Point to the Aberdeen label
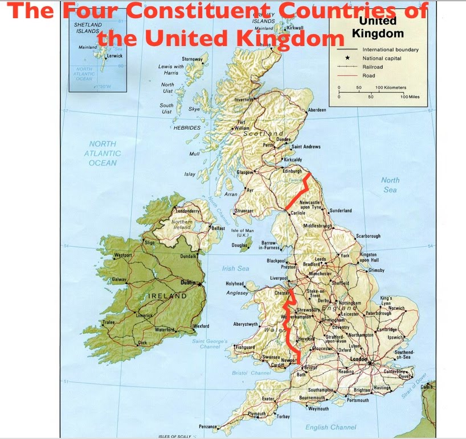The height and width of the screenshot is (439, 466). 317,110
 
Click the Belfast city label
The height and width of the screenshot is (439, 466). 218,228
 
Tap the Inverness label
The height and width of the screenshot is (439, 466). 244,100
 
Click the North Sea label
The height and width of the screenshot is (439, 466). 390,185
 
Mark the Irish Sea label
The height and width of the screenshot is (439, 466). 236,268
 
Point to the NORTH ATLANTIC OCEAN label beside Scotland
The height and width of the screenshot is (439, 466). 103,154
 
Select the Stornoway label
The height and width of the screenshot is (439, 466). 193,59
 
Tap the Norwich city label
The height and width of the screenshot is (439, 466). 396,308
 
